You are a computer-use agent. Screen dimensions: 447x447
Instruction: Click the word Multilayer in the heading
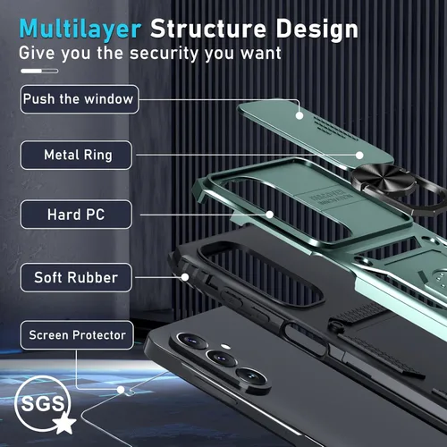click(x=80, y=30)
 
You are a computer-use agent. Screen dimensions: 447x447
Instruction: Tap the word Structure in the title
click(x=208, y=29)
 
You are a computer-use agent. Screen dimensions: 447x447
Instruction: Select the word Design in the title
click(x=316, y=30)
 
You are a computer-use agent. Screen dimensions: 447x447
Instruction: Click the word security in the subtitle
click(x=163, y=54)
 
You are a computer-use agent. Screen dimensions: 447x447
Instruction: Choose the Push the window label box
click(x=80, y=99)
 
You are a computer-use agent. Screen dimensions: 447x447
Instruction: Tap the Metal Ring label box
click(x=76, y=155)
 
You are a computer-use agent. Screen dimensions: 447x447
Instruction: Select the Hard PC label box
click(x=76, y=215)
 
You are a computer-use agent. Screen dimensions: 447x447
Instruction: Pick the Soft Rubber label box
click(x=76, y=277)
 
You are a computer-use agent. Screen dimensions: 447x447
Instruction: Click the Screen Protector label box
click(x=77, y=335)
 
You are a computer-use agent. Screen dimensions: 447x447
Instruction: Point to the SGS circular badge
click(x=42, y=402)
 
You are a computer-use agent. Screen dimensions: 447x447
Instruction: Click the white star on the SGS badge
click(x=64, y=423)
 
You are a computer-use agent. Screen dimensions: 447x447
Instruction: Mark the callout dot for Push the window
click(x=299, y=115)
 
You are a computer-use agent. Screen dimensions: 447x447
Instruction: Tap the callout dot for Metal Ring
click(x=359, y=156)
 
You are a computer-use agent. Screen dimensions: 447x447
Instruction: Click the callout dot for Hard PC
click(x=270, y=215)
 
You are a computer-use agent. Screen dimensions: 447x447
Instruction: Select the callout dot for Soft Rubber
click(x=185, y=277)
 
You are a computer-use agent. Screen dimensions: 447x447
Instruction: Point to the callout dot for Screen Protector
click(x=121, y=390)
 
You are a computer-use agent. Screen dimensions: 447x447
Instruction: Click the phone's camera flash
click(x=226, y=347)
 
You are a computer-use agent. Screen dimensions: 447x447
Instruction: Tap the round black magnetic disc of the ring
click(x=383, y=178)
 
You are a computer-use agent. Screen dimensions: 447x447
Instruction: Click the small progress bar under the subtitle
click(x=39, y=71)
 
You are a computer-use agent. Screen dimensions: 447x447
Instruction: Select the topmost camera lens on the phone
click(x=192, y=341)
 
